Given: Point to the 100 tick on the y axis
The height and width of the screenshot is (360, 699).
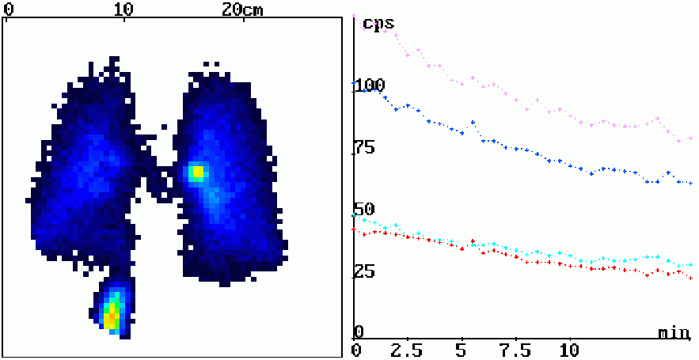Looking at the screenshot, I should pos(370,85).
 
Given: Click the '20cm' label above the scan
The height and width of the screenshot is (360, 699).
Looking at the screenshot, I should pos(242,9).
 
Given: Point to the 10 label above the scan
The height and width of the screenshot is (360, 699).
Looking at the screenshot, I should pos(123,9).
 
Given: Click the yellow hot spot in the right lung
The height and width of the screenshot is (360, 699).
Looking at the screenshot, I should pos(196,172).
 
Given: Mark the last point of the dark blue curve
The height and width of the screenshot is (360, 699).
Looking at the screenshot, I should pos(690,183).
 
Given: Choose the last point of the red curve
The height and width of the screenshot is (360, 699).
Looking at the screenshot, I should pos(690,278).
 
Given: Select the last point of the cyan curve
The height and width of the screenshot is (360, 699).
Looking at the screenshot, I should pos(690,265).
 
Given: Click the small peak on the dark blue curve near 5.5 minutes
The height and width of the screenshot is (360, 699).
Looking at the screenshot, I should pos(473,122).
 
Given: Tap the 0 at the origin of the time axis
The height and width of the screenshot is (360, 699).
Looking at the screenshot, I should pos(357,350).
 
